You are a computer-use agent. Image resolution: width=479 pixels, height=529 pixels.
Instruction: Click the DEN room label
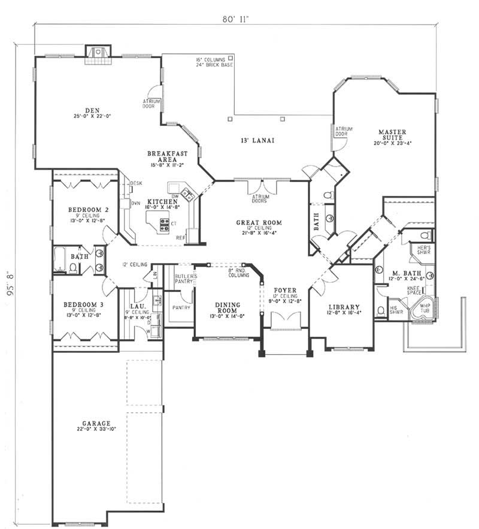click(x=91, y=110)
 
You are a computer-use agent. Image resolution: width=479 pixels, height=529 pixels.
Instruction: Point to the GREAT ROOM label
click(x=259, y=223)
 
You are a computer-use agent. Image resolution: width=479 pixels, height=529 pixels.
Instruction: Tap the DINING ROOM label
click(x=228, y=308)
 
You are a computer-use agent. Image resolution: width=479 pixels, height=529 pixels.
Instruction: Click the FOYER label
click(x=285, y=290)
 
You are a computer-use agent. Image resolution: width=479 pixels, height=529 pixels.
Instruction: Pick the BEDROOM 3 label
click(x=83, y=304)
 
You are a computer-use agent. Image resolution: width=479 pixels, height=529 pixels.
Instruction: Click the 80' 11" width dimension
click(x=234, y=19)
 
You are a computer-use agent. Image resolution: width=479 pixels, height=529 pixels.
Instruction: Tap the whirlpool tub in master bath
click(x=425, y=307)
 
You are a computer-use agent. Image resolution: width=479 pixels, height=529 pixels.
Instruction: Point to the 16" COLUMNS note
click(x=210, y=60)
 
